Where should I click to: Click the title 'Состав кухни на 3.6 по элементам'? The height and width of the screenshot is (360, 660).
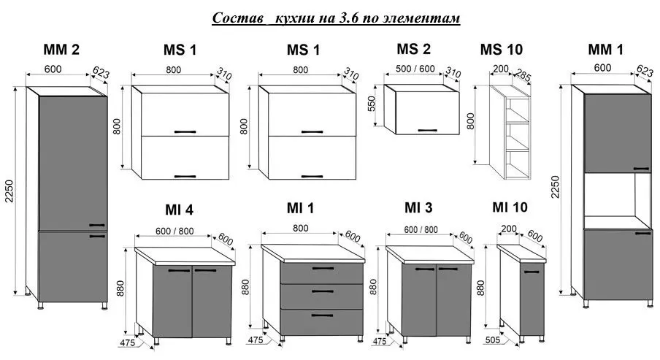[x=336, y=18]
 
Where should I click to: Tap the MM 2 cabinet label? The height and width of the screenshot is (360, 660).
[x=61, y=50]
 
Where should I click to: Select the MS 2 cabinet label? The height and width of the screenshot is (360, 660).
[x=413, y=49]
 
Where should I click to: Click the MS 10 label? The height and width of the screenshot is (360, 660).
[x=502, y=50]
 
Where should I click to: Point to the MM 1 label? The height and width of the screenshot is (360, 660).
[x=605, y=50]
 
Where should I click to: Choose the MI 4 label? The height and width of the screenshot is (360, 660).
[x=179, y=210]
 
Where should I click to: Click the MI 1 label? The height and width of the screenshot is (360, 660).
[x=300, y=208]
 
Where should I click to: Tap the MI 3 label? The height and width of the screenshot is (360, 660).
[x=418, y=207]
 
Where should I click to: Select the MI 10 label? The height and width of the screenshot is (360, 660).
[x=510, y=207]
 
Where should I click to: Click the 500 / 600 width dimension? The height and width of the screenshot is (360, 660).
[x=415, y=69]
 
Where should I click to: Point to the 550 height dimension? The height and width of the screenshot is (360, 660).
[x=371, y=104]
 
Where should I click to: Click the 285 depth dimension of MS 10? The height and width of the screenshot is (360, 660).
[x=522, y=75]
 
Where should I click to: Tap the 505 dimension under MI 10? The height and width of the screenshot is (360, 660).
[x=493, y=340]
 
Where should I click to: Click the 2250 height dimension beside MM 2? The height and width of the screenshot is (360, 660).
[x=9, y=191]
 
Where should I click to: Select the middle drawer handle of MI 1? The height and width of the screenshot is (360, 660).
[x=323, y=291]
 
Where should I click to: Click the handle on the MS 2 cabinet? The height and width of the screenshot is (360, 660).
[x=427, y=130]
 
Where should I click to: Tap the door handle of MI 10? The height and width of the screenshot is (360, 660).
[x=532, y=272]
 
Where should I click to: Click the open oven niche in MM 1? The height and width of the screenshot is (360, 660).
[x=610, y=194]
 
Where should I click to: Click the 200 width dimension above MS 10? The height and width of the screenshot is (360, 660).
[x=500, y=69]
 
